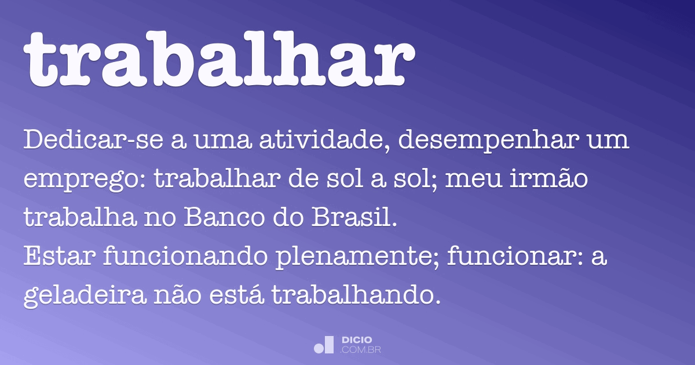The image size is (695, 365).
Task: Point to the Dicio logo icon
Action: tap(324, 345)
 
